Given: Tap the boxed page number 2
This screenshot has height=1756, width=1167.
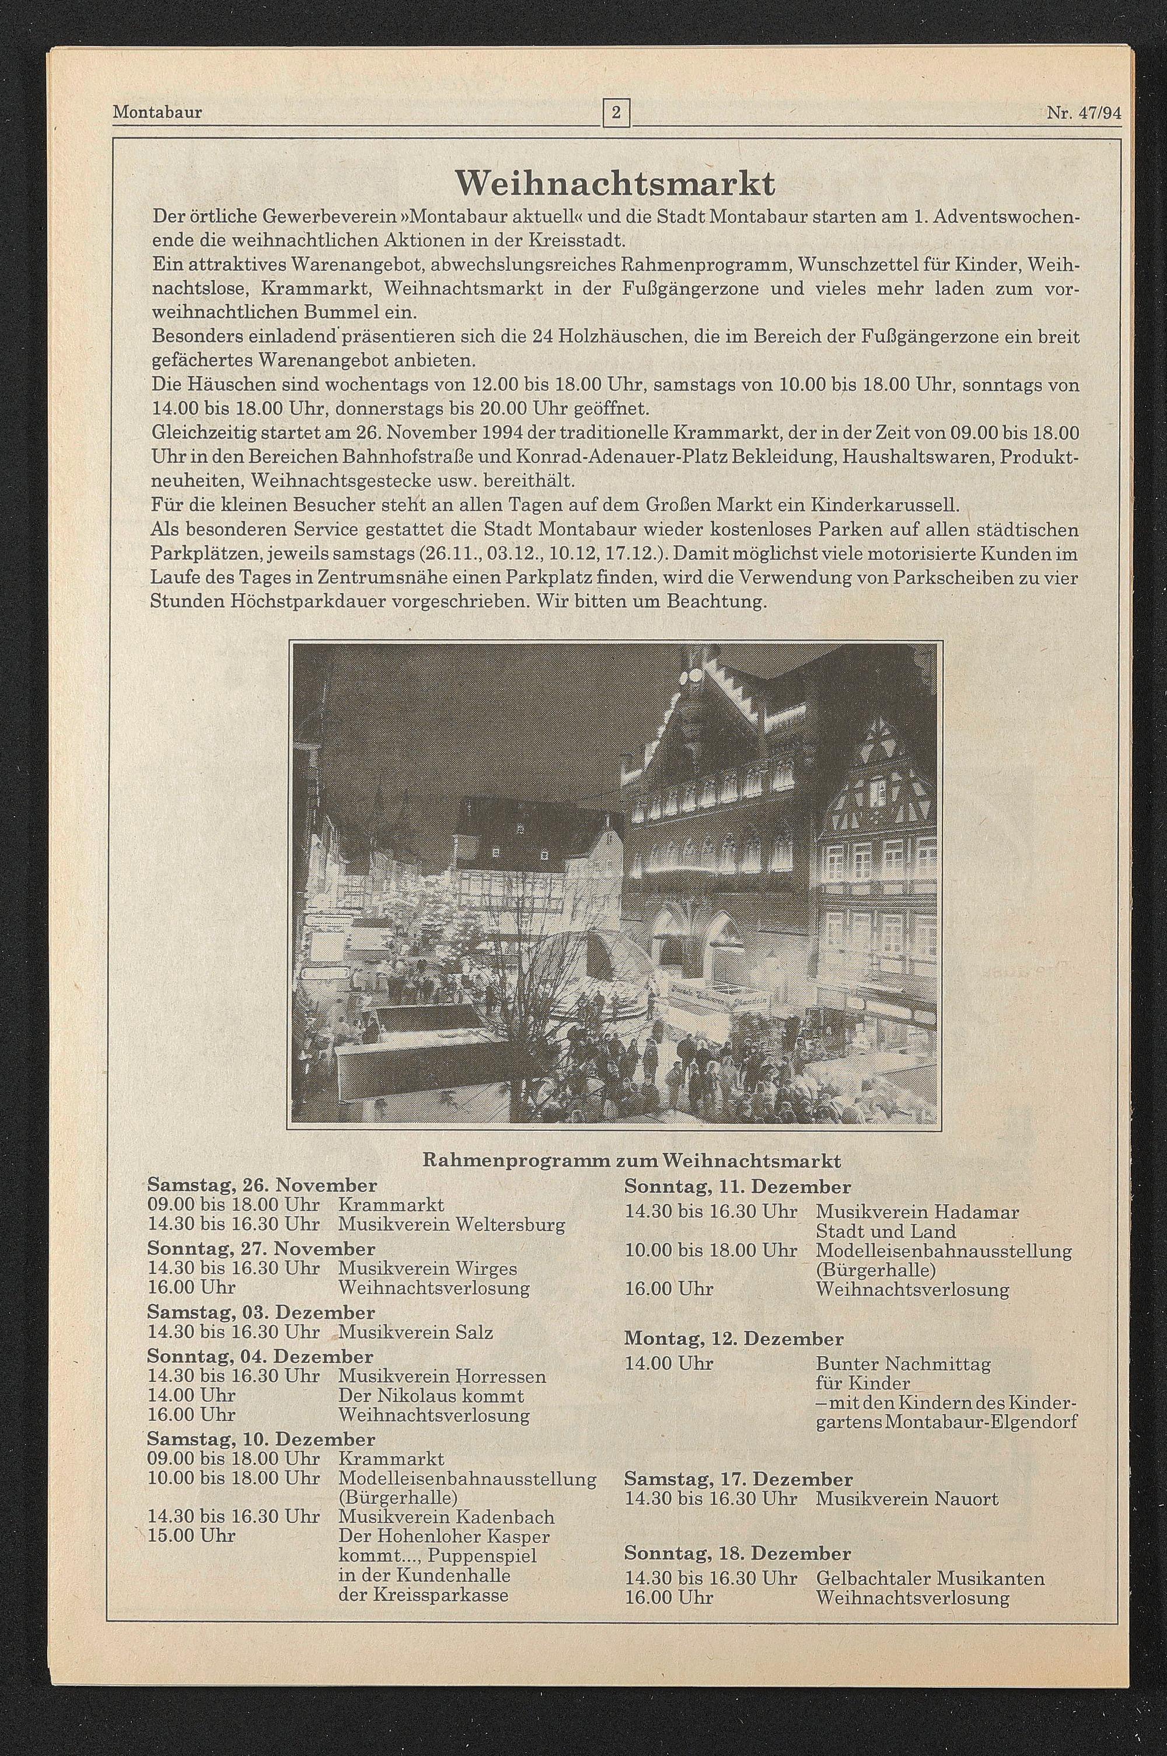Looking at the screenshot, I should tap(616, 113).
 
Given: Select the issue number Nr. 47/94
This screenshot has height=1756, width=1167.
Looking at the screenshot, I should tap(1083, 113).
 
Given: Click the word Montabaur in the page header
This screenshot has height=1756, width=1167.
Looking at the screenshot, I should tap(157, 113).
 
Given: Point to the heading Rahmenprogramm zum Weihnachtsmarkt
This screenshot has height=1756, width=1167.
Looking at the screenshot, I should tap(632, 1161).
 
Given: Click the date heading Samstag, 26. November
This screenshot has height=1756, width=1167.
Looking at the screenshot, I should tap(262, 1184).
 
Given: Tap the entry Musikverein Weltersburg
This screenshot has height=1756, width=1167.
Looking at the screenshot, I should tap(451, 1224).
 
